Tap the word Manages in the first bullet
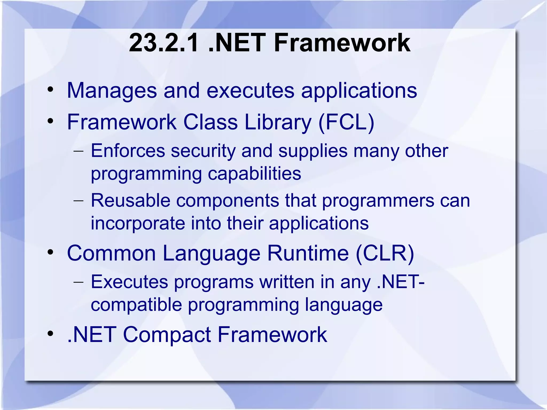pyautogui.click(x=112, y=91)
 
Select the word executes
pyautogui.click(x=250, y=91)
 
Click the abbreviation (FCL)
pyautogui.click(x=346, y=122)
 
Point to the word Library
pyautogui.click(x=278, y=122)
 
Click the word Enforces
pyautogui.click(x=128, y=151)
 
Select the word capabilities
pyautogui.click(x=254, y=174)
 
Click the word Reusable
pyautogui.click(x=131, y=200)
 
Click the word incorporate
pyautogui.click(x=138, y=223)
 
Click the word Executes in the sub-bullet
pyautogui.click(x=129, y=282)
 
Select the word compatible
pyautogui.click(x=136, y=305)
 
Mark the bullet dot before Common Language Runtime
pyautogui.click(x=50, y=252)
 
